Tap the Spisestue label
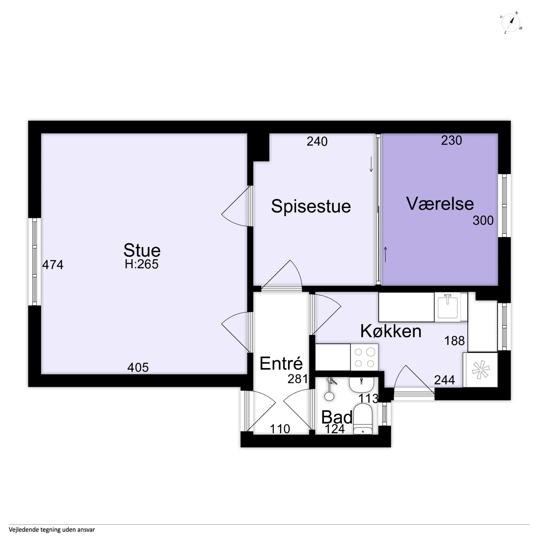click(x=311, y=206)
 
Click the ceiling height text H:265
click(x=141, y=264)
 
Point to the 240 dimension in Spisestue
click(x=317, y=141)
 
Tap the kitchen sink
click(x=448, y=307)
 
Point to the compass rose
click(x=511, y=23)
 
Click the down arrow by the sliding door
click(x=371, y=164)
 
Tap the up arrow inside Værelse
click(x=385, y=254)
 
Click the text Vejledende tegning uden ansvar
click(x=52, y=529)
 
